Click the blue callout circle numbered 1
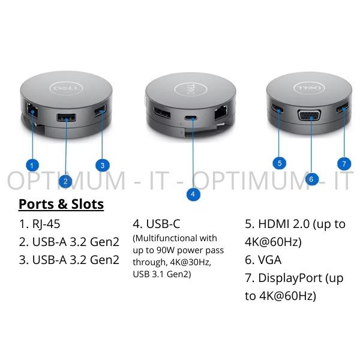[x=32, y=165]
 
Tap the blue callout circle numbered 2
[x=65, y=181]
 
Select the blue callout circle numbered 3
[x=103, y=166]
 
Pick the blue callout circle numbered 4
[x=193, y=194]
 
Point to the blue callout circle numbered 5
[x=280, y=163]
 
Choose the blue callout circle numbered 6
[x=311, y=179]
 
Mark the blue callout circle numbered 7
[x=344, y=163]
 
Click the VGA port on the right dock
[x=309, y=115]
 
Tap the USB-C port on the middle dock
[x=190, y=118]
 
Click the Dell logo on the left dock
[x=66, y=88]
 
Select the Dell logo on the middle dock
[x=191, y=89]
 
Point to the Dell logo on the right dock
[x=309, y=88]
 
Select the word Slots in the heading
[x=87, y=204]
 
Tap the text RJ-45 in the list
[x=46, y=224]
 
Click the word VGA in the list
[x=270, y=260]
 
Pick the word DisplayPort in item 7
[x=290, y=278]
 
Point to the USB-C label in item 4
[x=163, y=224]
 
